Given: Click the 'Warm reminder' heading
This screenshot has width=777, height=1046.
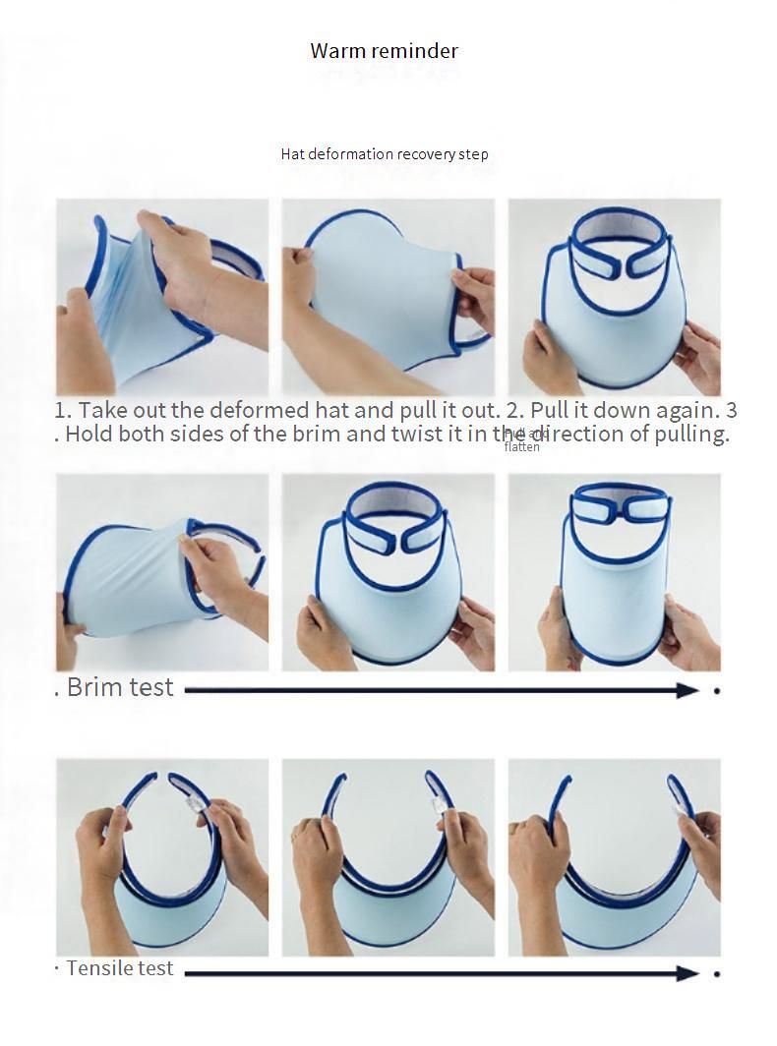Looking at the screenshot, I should click(384, 51).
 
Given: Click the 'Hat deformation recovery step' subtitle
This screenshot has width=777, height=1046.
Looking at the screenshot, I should click(384, 154).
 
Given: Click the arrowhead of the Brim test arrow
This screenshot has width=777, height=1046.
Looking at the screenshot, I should click(688, 690).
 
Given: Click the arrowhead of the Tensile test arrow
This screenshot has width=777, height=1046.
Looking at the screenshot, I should click(688, 973).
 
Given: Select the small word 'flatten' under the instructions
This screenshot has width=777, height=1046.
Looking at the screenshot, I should click(521, 447).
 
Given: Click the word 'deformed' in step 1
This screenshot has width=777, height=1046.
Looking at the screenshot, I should click(260, 410).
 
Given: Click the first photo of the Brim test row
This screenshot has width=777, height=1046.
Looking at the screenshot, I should click(162, 572).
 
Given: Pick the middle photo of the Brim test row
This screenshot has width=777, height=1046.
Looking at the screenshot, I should click(388, 572).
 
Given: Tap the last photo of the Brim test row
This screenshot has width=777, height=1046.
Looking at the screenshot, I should click(615, 572).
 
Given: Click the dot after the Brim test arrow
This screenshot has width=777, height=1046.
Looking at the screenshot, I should click(717, 691).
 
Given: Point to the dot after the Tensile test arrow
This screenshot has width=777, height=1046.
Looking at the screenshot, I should click(717, 974).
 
